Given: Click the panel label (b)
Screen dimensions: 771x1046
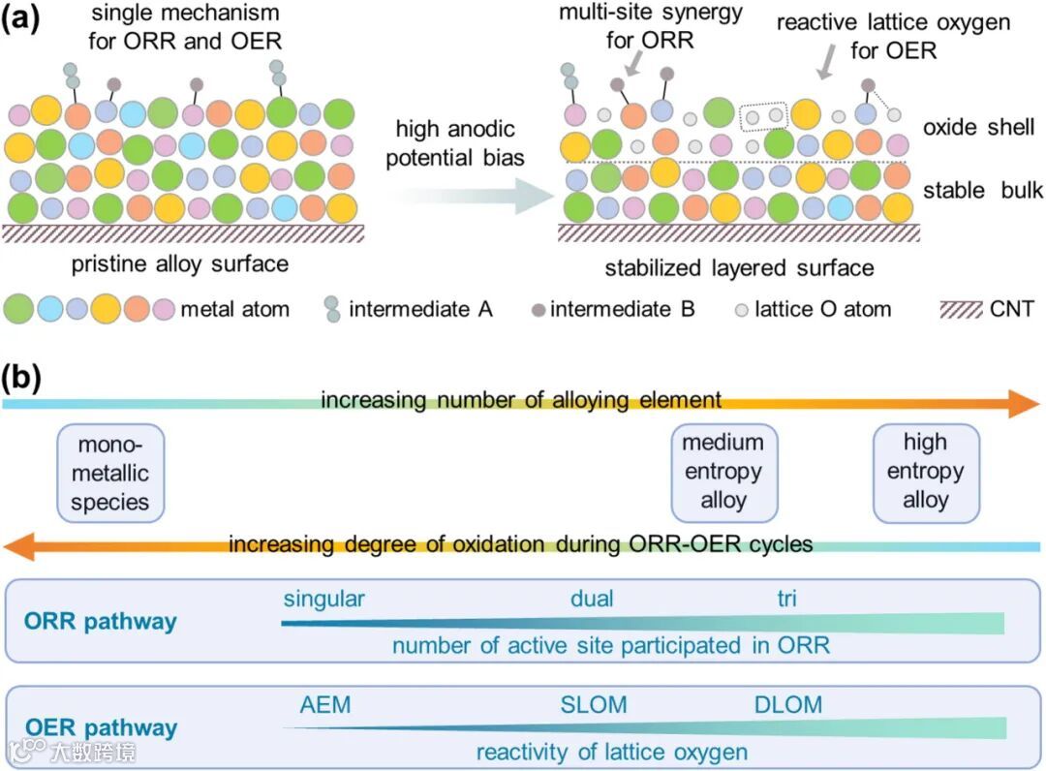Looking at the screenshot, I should [21, 377].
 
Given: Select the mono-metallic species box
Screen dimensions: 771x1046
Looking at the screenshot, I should [110, 474].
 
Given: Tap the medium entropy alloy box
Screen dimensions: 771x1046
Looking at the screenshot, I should [723, 472].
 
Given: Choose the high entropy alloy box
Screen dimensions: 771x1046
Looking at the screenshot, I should [926, 472].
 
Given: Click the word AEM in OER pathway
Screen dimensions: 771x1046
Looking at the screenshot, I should [325, 704].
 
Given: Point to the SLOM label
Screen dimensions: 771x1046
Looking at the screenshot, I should [594, 704].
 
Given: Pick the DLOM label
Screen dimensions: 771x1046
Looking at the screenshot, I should [788, 704].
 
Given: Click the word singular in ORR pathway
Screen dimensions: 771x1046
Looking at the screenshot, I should [324, 599].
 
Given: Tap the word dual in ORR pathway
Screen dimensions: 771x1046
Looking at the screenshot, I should [592, 599].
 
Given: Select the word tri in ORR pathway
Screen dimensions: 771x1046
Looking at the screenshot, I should [786, 599].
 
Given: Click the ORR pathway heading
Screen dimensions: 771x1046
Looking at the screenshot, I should [101, 621].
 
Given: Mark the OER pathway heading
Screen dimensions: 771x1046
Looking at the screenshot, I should [101, 727].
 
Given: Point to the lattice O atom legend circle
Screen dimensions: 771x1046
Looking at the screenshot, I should [741, 310].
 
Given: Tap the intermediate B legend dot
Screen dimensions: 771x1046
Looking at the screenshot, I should [539, 310].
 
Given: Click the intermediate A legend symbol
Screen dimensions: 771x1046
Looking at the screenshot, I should [332, 309].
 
